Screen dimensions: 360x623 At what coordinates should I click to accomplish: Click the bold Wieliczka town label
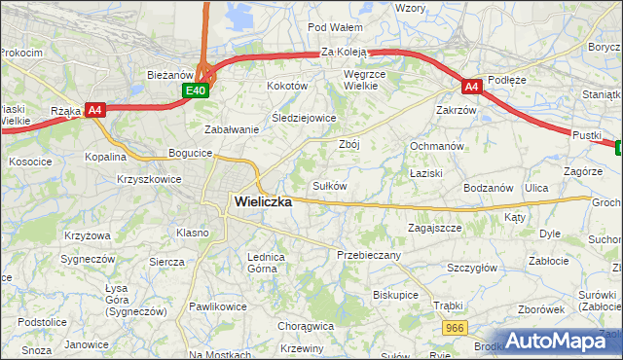click(263, 202)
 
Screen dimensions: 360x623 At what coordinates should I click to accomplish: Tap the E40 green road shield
click(196, 90)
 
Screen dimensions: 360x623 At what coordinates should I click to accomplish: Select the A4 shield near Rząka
click(95, 110)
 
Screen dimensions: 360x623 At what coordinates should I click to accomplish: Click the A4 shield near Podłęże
click(471, 87)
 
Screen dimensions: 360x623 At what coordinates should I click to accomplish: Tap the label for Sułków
click(329, 185)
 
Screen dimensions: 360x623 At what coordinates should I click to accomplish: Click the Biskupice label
click(395, 294)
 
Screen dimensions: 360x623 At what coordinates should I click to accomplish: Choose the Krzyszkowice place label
click(149, 180)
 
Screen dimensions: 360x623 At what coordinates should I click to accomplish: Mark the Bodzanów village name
click(489, 187)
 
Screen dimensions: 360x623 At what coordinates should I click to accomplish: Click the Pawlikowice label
click(219, 306)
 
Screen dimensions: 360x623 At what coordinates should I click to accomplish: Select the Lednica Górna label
click(266, 263)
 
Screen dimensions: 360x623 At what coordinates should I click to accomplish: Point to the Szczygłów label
click(472, 268)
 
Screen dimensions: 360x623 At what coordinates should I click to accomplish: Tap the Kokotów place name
click(287, 86)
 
